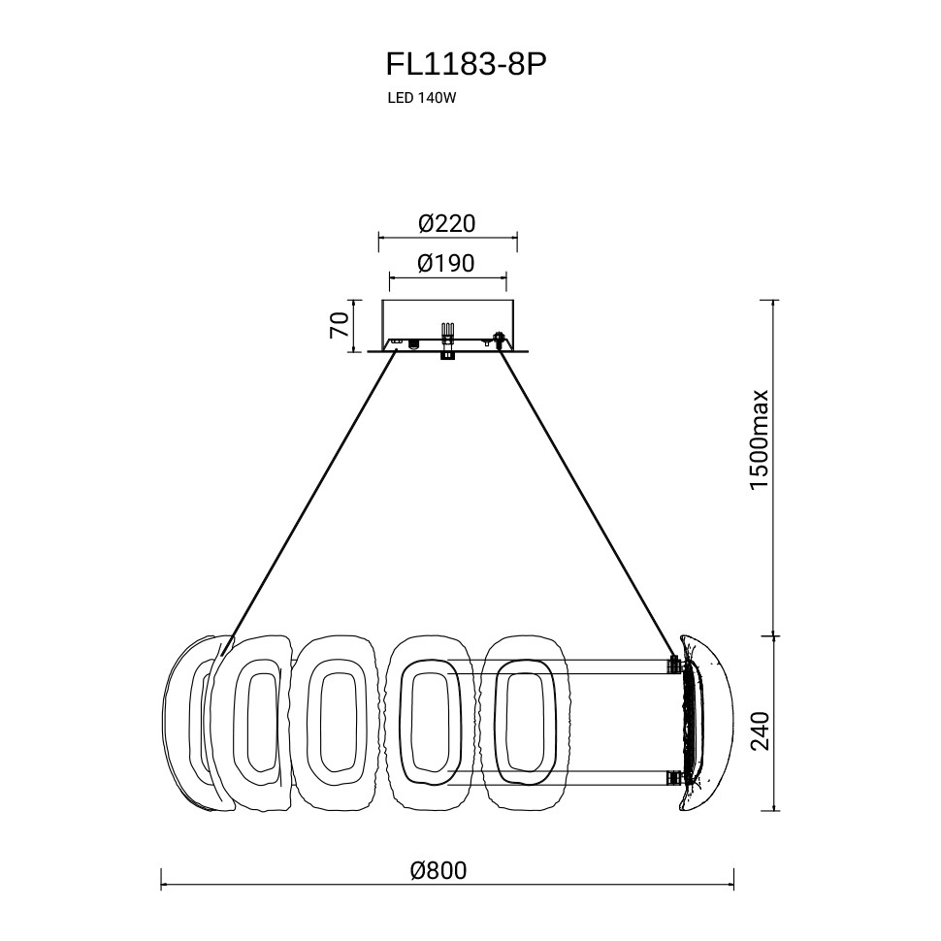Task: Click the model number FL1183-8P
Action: [x=467, y=65]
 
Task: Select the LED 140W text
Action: [x=422, y=98]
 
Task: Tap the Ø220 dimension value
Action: [x=447, y=224]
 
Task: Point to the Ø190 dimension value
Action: [x=446, y=263]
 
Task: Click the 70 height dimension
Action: [x=340, y=325]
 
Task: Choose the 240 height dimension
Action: [x=760, y=730]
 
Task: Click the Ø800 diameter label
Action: [x=438, y=870]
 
